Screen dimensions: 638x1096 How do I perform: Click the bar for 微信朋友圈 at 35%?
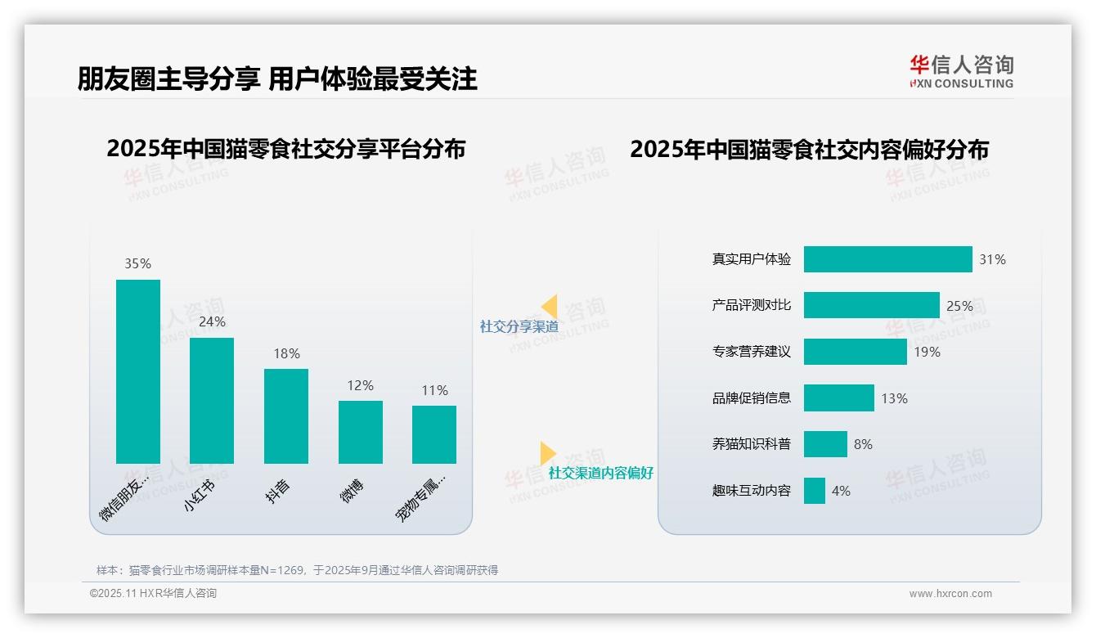[x=138, y=371]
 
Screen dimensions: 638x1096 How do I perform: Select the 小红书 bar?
[x=212, y=401]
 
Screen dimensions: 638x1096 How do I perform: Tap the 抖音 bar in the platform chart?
[x=286, y=416]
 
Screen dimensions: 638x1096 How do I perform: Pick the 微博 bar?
[x=361, y=432]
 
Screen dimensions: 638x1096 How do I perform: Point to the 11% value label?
[x=434, y=390]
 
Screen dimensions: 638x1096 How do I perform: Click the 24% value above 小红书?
[x=212, y=322]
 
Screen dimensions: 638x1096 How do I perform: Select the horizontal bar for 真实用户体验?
[x=887, y=259]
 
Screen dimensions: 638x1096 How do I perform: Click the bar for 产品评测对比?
[x=871, y=306]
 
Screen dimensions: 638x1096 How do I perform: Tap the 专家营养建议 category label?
[x=752, y=352]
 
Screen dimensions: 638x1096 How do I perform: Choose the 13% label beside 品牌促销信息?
[x=894, y=398]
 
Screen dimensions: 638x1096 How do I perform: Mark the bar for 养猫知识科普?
[x=825, y=444]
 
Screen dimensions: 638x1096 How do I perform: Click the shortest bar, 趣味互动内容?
[x=815, y=491]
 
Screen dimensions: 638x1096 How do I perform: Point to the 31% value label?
[x=992, y=259]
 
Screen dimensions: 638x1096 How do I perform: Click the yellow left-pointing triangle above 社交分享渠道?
[x=550, y=307]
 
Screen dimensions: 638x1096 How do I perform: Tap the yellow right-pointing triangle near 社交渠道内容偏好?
[x=547, y=453]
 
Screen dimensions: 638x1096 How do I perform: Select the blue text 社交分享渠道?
[x=519, y=326]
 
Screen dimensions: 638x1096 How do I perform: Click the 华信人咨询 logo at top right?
[x=961, y=71]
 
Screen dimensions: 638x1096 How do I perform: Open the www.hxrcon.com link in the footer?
[x=950, y=594]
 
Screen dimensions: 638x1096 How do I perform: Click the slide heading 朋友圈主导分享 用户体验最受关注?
[x=277, y=79]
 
